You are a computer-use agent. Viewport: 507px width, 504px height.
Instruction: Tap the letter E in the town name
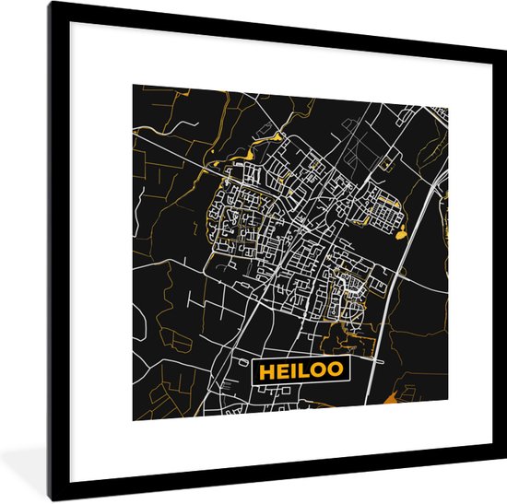pyautogui.click(x=280, y=371)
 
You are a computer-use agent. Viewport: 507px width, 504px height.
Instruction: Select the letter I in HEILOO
pyautogui.click(x=292, y=371)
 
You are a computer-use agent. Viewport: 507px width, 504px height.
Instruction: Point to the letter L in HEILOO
pyautogui.click(x=303, y=371)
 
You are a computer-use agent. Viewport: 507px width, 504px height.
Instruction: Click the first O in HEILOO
pyautogui.click(x=318, y=371)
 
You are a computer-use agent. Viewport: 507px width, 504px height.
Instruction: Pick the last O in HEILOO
pyautogui.click(x=336, y=371)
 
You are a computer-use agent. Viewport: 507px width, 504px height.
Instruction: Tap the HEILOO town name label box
pyautogui.click(x=300, y=371)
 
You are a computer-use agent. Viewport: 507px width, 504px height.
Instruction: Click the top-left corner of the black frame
pyautogui.click(x=52, y=4)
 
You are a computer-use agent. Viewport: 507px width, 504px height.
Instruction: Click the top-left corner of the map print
pyautogui.click(x=133, y=85)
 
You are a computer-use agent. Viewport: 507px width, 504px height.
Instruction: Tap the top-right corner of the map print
pyautogui.click(x=449, y=107)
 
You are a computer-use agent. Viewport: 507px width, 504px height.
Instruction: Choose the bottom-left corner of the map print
pyautogui.click(x=133, y=420)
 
